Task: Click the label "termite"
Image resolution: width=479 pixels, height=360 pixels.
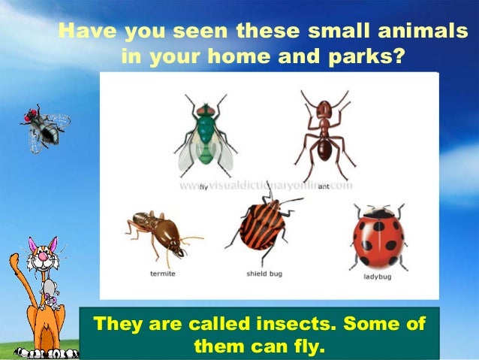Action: coord(162,274)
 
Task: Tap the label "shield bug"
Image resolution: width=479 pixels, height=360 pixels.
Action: coord(264,274)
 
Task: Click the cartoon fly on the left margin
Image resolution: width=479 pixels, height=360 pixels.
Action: coord(45,128)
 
